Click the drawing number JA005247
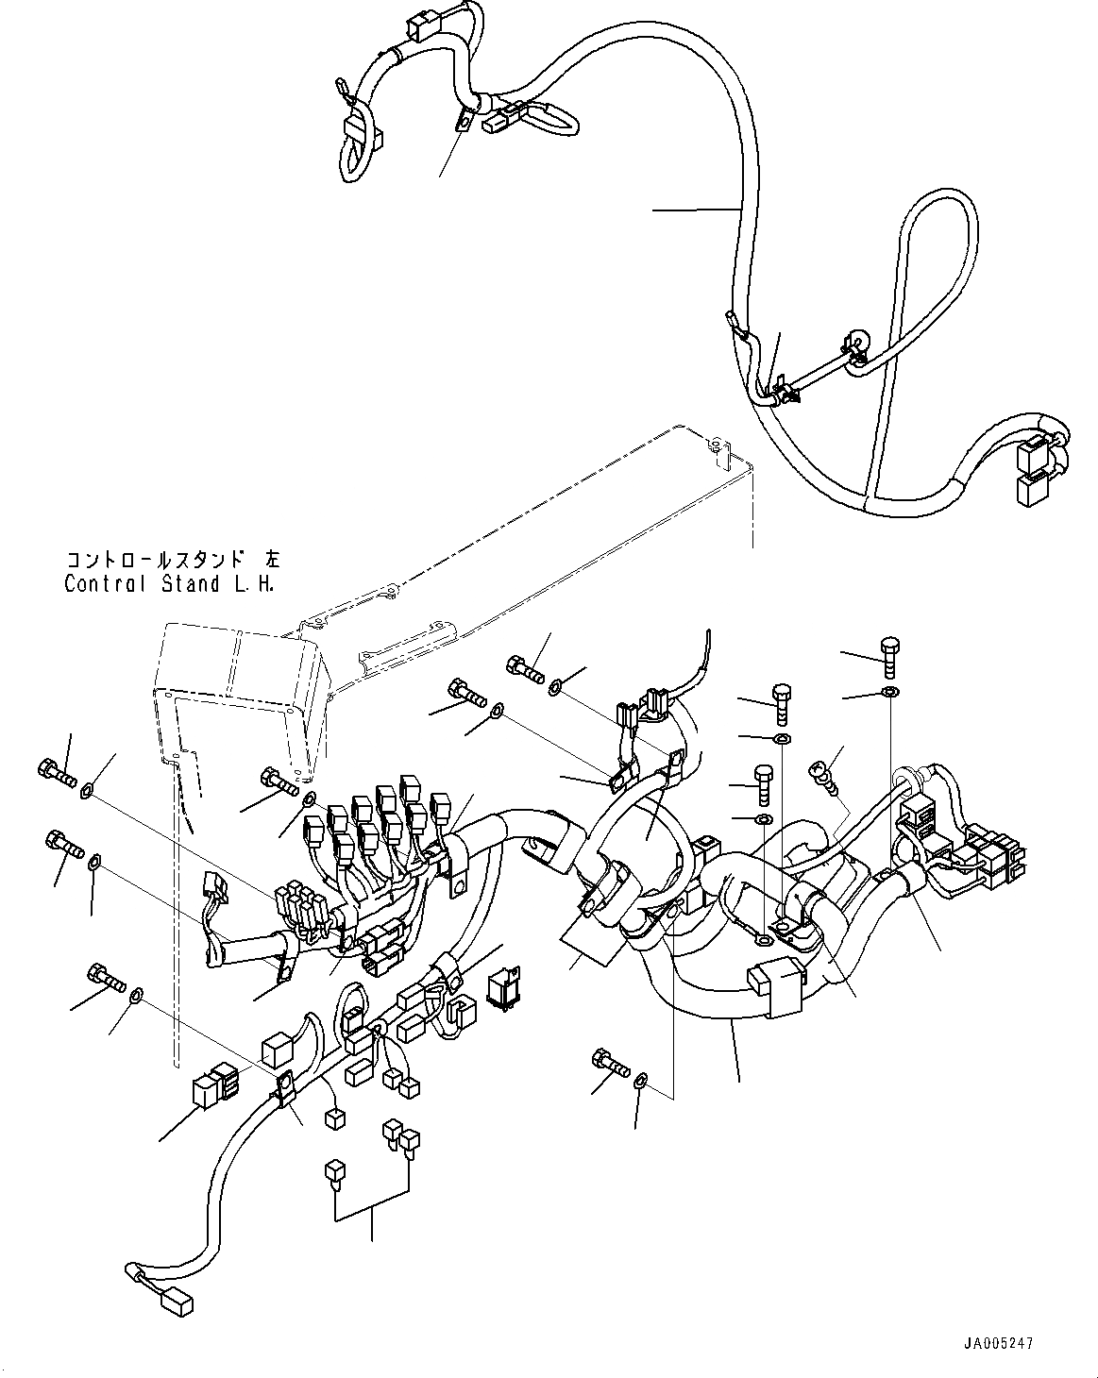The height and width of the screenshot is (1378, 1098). [x=1007, y=1339]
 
